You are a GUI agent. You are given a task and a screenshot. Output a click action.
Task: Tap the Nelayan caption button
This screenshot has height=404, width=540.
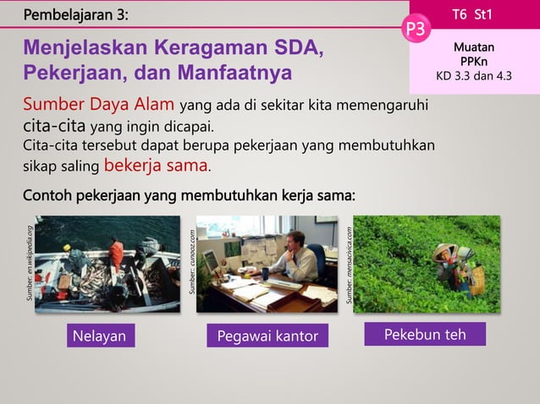(x=99, y=336)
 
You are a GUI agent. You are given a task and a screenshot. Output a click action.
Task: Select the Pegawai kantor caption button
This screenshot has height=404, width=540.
(x=267, y=336)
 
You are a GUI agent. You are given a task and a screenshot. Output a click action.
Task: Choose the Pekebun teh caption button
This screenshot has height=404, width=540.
(x=425, y=335)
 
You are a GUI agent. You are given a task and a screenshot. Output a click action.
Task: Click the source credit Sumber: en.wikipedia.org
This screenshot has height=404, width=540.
(x=30, y=263)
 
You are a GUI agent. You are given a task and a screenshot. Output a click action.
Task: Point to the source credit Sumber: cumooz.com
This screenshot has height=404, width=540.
(x=193, y=263)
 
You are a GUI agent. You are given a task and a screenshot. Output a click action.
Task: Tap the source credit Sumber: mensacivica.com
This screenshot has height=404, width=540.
(x=350, y=263)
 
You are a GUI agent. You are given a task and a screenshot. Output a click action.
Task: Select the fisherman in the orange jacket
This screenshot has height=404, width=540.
(x=116, y=253)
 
